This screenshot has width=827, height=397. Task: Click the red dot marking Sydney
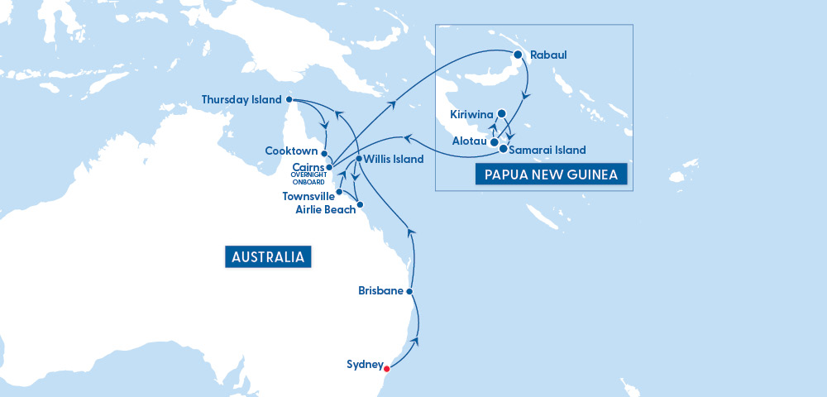387,369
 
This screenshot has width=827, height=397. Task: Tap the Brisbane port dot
410,291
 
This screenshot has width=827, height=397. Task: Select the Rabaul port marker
518,55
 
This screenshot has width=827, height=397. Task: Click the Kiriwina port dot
501,114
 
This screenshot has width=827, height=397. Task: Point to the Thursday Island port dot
289,100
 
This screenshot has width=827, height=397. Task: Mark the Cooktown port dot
325,153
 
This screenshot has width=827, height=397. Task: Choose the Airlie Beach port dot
359,203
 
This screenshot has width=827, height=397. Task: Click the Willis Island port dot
358,158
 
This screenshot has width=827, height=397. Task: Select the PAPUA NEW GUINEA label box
550,174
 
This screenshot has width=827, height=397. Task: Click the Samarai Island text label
547,150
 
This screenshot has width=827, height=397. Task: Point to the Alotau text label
469,141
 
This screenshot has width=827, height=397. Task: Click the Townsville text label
308,196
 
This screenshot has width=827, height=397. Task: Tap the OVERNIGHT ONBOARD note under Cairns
308,179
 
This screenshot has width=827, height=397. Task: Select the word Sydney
365,364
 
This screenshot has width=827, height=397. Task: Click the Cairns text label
308,167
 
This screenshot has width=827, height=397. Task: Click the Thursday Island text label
241,100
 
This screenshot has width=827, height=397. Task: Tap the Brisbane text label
380,291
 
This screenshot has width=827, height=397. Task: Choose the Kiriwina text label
471,114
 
